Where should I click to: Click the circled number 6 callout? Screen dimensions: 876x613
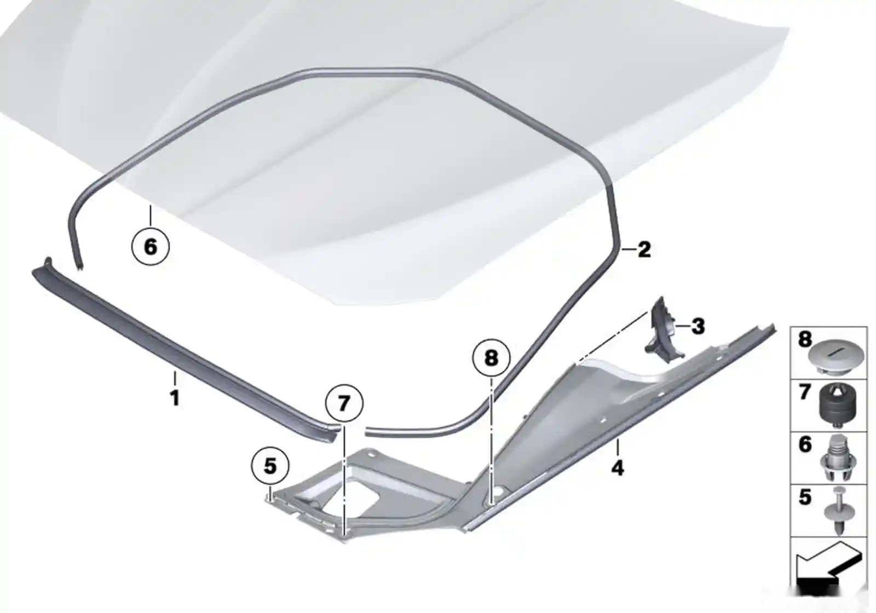coord(151,247)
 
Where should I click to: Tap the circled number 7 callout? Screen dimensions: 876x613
coord(344,403)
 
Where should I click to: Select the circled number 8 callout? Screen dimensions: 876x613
coord(491,358)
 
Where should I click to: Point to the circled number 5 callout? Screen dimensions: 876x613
coord(270,466)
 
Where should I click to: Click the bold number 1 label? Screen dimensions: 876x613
coord(175,398)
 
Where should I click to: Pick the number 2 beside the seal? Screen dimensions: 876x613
coord(644,249)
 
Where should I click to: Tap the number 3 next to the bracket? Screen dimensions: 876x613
coord(698,326)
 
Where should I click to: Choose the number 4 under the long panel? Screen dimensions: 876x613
coord(618,467)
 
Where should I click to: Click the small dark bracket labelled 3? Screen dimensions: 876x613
coord(663,332)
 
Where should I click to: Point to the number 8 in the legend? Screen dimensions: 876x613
coord(805,339)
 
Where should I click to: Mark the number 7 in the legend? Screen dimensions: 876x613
coord(805,392)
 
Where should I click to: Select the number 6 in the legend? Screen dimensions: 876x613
coord(805,445)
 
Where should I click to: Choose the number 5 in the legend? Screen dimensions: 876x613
coord(805,497)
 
